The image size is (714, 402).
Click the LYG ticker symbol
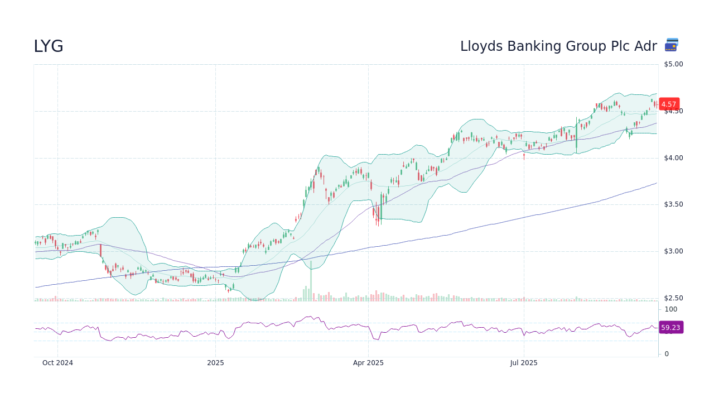click(x=49, y=46)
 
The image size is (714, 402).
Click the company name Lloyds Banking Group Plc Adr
click(x=558, y=46)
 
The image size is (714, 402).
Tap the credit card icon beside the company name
click(x=672, y=45)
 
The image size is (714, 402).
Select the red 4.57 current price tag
click(x=669, y=104)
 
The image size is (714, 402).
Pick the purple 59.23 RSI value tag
click(x=670, y=327)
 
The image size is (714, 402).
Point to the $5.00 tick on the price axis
click(x=673, y=64)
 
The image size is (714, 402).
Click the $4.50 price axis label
click(x=673, y=111)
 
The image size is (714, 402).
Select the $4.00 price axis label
click(x=673, y=158)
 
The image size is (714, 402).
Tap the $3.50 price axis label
click(x=673, y=204)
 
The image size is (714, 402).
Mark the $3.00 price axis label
click(x=673, y=251)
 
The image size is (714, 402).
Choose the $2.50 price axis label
click(x=673, y=298)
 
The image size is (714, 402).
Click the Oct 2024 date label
click(x=57, y=363)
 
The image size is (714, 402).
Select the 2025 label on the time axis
click(x=215, y=363)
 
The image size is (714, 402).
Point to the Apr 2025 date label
click(x=368, y=363)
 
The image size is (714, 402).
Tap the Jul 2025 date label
click(x=524, y=363)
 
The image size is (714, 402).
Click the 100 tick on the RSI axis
click(x=670, y=309)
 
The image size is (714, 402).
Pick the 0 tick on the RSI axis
click(x=667, y=354)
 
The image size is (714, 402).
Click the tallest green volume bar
click(x=311, y=281)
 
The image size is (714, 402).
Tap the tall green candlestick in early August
click(x=576, y=134)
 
